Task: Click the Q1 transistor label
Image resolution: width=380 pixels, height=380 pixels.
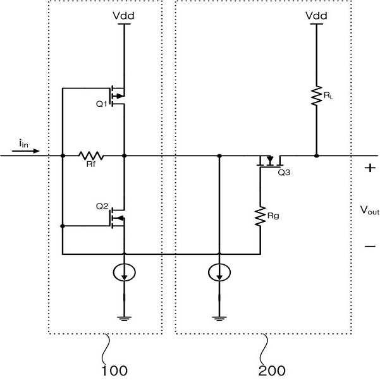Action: (x=102, y=104)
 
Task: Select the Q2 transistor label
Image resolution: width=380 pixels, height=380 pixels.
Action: (x=102, y=207)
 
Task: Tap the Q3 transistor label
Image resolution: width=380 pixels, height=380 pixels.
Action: (x=284, y=173)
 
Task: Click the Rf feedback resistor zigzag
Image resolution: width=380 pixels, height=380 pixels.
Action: (x=91, y=156)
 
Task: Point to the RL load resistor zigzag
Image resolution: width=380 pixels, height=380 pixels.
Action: (x=317, y=95)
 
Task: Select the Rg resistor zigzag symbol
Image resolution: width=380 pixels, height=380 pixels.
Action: (x=260, y=216)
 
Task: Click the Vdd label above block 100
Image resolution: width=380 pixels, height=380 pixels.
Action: (x=123, y=16)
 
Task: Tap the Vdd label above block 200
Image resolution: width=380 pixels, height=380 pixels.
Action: (x=316, y=16)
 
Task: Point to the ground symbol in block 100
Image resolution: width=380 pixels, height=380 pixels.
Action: (x=124, y=319)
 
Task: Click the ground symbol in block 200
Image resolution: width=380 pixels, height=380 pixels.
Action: (x=219, y=319)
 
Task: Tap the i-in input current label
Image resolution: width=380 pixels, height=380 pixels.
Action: (x=24, y=144)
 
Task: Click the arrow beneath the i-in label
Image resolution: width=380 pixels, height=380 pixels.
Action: (x=26, y=151)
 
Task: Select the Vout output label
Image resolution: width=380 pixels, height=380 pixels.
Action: (x=370, y=210)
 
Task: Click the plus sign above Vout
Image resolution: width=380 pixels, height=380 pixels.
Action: (x=370, y=168)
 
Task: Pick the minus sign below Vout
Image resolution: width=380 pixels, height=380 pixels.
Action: (x=370, y=247)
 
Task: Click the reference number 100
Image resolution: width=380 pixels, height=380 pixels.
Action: (x=114, y=371)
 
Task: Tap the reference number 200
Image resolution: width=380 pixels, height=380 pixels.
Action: (x=272, y=371)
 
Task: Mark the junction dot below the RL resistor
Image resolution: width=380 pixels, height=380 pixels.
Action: (x=317, y=156)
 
